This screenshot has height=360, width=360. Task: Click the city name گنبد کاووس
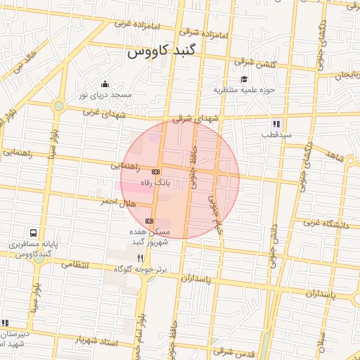[x=162, y=52]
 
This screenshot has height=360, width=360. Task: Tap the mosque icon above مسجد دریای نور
[x=105, y=84]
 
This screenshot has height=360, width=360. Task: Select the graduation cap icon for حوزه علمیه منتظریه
[x=244, y=79]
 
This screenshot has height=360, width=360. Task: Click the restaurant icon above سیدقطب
[x=276, y=124]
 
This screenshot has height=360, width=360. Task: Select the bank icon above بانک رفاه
[x=155, y=172]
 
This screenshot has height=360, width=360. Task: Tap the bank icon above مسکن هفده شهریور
[x=148, y=221]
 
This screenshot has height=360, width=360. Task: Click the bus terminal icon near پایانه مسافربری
[x=33, y=233]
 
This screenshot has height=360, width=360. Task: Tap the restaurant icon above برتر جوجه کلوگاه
[x=140, y=259]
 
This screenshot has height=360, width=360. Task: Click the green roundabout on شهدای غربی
[x=58, y=106]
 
